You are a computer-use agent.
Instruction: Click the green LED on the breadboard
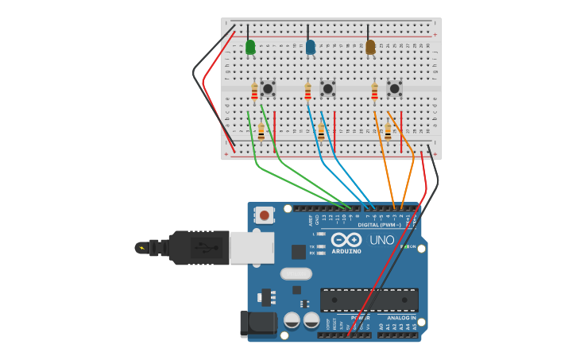click(250, 48)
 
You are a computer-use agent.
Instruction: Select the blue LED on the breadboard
click(311, 48)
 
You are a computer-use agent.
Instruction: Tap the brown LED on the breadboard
click(370, 48)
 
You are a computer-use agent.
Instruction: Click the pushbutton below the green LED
click(268, 88)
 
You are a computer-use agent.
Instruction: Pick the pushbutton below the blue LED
click(327, 88)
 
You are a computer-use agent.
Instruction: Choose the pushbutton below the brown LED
click(394, 88)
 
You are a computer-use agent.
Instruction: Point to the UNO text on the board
click(382, 240)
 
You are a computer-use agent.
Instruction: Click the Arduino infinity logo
click(346, 240)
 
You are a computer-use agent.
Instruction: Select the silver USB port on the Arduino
click(252, 247)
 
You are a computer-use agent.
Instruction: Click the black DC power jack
click(257, 323)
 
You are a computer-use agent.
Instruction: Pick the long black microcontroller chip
click(369, 300)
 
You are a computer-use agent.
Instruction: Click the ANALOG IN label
click(402, 318)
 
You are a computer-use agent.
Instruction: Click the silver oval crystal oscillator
click(296, 274)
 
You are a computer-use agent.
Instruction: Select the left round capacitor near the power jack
click(292, 320)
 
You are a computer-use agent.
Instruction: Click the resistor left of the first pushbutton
click(254, 92)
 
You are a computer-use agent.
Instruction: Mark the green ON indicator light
click(404, 246)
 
